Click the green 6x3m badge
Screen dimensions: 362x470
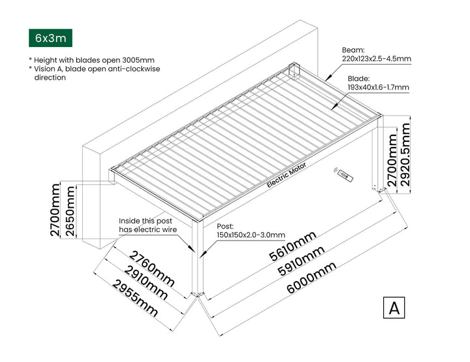(51, 38)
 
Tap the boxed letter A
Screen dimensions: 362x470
(394, 307)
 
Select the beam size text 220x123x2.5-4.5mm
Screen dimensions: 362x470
(377, 59)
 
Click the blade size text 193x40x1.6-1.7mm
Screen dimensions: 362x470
(378, 87)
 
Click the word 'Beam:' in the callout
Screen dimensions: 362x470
(354, 50)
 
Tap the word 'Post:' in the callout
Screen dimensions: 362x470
(225, 226)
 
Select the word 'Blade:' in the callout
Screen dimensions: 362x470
(358, 78)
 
